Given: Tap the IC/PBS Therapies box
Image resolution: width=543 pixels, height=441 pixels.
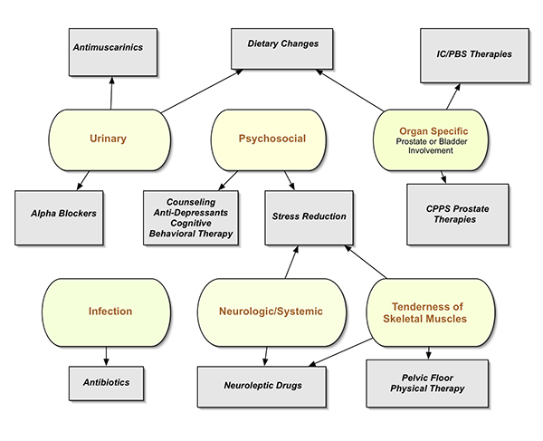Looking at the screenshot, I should [467, 55].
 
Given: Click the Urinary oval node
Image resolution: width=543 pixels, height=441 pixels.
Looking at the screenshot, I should [109, 139].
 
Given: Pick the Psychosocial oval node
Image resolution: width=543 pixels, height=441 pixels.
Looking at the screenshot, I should [271, 139].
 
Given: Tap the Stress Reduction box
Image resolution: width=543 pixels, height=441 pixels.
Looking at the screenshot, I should [308, 217].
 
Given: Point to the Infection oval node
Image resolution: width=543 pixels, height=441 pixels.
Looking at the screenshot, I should [110, 312].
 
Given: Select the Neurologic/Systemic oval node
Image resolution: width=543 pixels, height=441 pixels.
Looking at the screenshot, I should [271, 312].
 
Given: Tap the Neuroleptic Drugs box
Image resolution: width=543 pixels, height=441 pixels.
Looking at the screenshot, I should [262, 387].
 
